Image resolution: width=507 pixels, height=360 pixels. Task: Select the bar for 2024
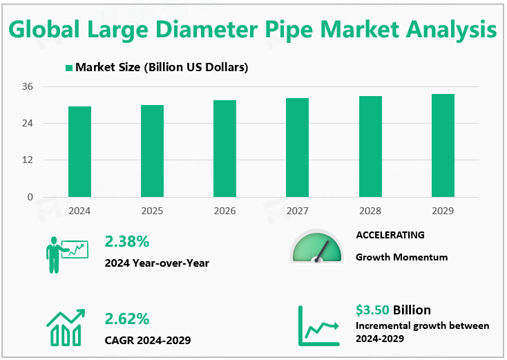(x=79, y=151)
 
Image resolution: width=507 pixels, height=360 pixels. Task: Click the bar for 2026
(x=224, y=149)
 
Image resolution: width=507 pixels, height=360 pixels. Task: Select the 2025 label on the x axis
(x=152, y=210)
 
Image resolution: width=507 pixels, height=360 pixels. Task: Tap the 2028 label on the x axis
(x=370, y=210)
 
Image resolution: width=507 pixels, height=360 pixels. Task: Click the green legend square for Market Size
(x=69, y=68)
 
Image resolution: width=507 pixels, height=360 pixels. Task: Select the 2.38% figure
(x=127, y=241)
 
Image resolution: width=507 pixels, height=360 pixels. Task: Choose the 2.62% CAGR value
(x=127, y=319)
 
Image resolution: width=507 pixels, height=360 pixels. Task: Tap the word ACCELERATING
(x=390, y=235)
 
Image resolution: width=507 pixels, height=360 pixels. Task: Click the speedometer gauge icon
(x=316, y=247)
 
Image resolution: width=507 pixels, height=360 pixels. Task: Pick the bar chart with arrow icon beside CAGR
(x=66, y=327)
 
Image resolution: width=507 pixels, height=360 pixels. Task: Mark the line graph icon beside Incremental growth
(x=318, y=325)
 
